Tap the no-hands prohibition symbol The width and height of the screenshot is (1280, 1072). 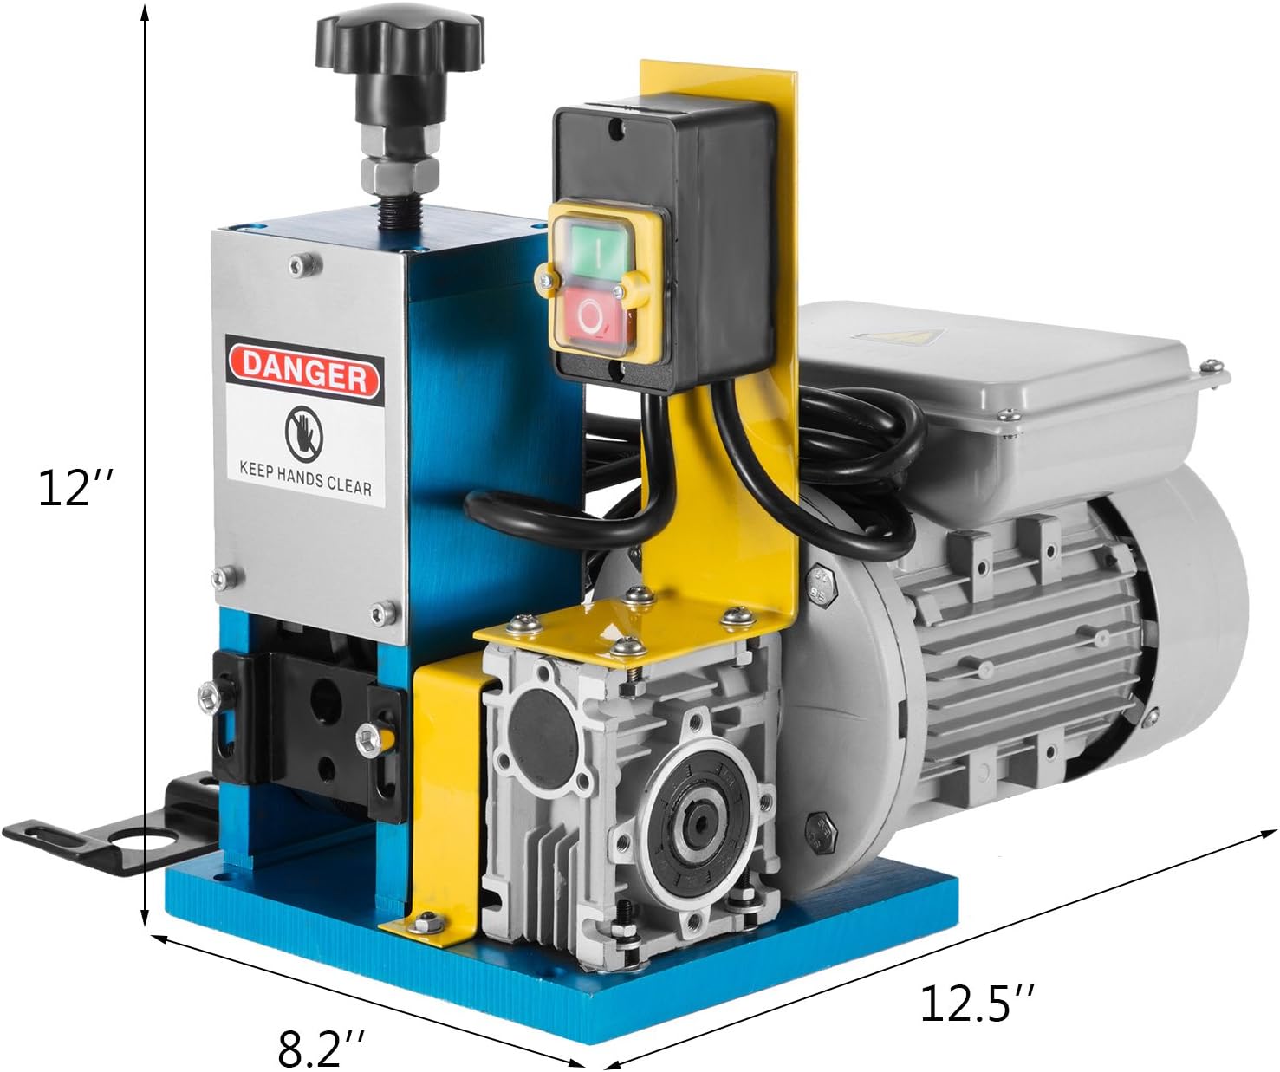point(304,434)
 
